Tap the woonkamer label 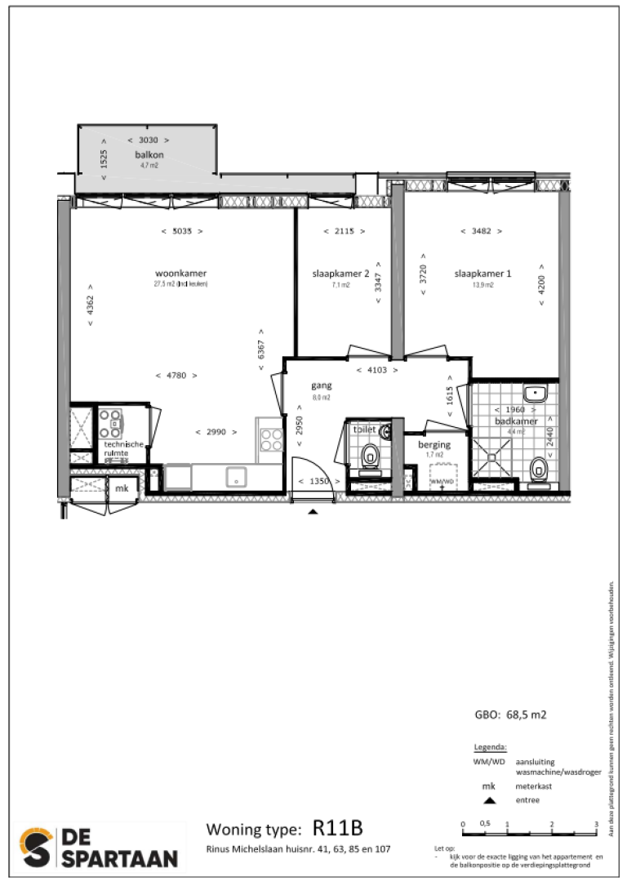point(180,274)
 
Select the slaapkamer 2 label point(340,274)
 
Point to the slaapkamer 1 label point(482,274)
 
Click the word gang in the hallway point(319,386)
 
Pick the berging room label point(434,444)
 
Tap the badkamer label point(515,421)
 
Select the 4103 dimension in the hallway point(377,370)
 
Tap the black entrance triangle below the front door point(313,512)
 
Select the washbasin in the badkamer point(536,394)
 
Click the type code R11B point(337,829)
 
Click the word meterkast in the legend point(534,786)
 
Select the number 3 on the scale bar point(597,824)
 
